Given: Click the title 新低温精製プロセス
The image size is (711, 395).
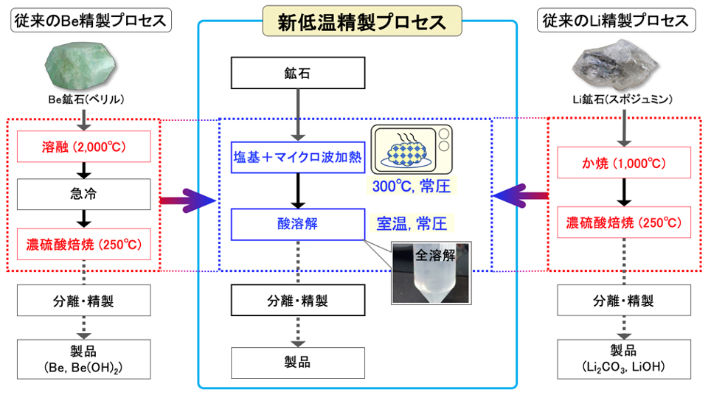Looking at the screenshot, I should pos(362,21).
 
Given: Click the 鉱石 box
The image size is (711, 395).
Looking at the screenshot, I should pos(298,73).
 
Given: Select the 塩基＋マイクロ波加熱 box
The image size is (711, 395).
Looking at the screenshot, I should pos(298,157).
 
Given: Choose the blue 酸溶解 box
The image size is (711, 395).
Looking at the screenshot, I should pos(298,224).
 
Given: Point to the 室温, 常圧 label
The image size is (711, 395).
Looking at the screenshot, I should pos(412,222).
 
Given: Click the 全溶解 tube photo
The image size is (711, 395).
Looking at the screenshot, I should pos(431,273).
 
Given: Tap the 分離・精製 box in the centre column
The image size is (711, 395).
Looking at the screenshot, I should pos(298,300).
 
